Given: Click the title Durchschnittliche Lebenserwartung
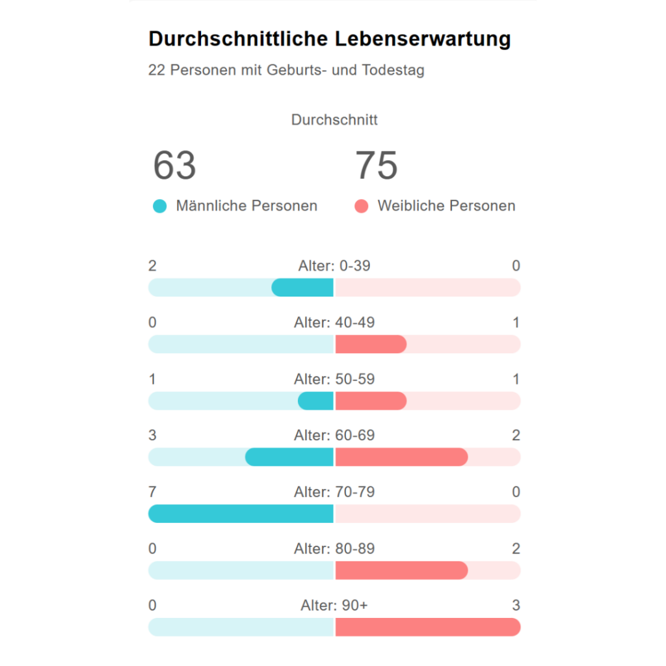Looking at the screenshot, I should click(x=330, y=39).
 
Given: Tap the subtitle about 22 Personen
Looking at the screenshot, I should click(x=286, y=70).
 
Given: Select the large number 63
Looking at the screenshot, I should click(x=174, y=165).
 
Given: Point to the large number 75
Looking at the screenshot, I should click(x=376, y=165).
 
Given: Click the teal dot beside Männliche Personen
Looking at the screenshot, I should click(x=159, y=207).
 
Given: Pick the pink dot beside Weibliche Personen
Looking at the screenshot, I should click(x=362, y=207).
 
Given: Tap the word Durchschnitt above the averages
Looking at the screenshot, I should click(x=334, y=120).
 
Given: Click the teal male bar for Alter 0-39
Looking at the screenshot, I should click(x=302, y=287).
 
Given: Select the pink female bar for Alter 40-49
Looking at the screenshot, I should click(x=371, y=344).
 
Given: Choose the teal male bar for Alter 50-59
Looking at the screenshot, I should click(x=316, y=401).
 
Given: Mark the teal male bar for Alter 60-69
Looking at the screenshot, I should click(x=289, y=457).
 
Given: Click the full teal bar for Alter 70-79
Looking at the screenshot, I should click(x=241, y=514).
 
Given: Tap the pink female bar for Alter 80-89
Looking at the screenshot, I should click(x=401, y=570).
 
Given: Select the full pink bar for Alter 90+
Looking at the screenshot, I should click(x=428, y=627).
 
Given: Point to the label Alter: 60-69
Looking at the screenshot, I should click(x=334, y=435).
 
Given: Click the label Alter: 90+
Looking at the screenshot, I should click(x=334, y=606).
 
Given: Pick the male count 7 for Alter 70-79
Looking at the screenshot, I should click(x=152, y=492).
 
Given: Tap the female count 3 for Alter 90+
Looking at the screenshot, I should click(x=516, y=606).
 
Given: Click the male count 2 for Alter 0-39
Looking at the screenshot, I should click(x=152, y=265).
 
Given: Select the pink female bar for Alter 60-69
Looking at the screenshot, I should click(x=401, y=457).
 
